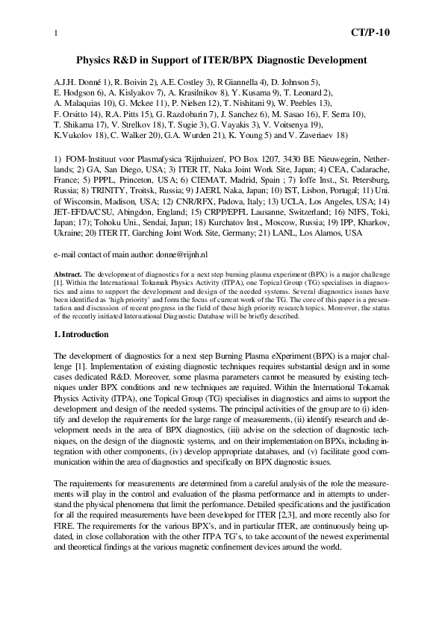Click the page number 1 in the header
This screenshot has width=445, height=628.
click(57, 34)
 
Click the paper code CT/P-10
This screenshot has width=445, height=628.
click(370, 33)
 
